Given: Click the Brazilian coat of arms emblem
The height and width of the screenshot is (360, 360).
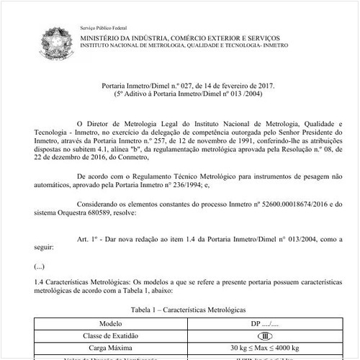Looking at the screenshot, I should pyautogui.click(x=55, y=41).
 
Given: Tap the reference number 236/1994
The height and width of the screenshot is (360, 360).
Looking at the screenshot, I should pyautogui.click(x=187, y=186).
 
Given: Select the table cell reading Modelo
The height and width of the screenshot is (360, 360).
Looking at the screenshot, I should pyautogui.click(x=111, y=324).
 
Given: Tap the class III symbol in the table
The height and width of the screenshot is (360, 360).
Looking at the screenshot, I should pyautogui.click(x=266, y=336).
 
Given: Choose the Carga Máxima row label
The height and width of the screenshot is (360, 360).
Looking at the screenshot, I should pyautogui.click(x=111, y=348).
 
